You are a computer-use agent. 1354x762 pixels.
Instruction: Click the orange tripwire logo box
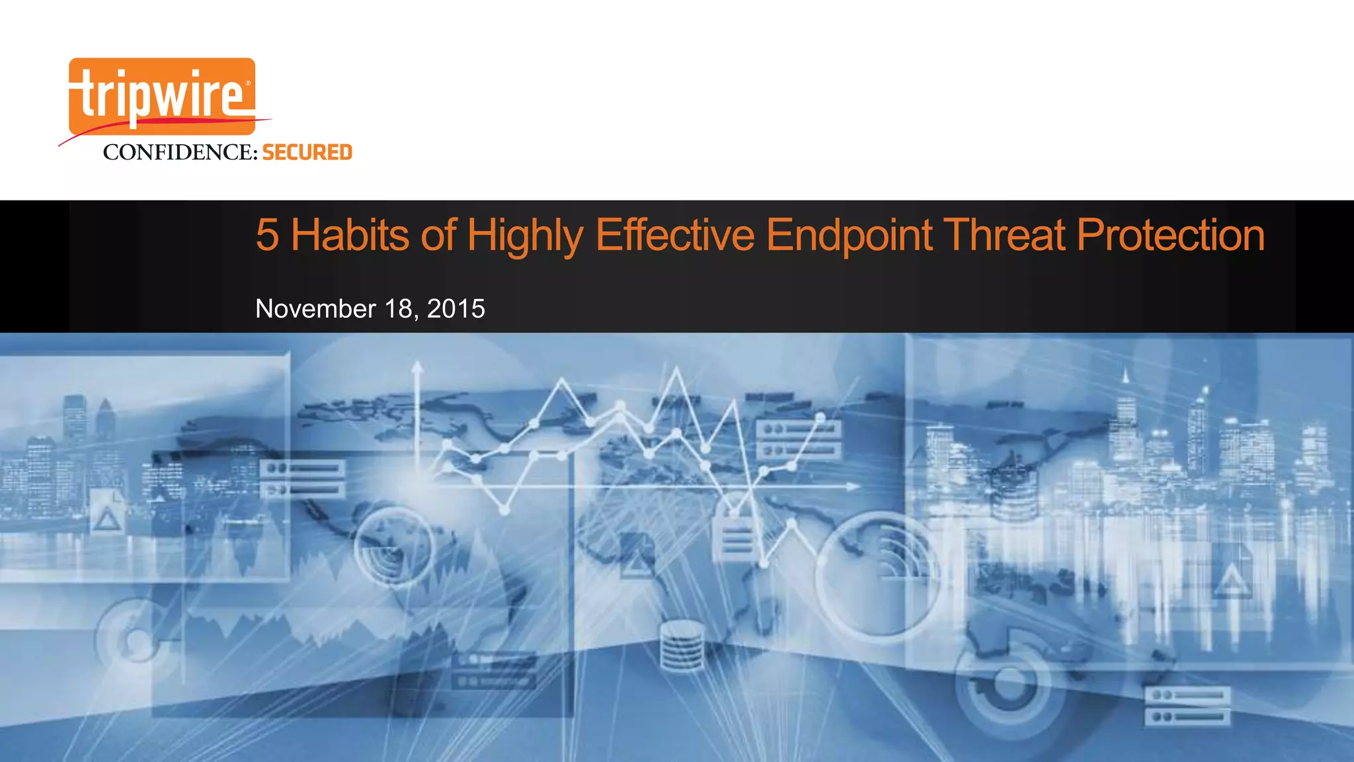tap(162, 97)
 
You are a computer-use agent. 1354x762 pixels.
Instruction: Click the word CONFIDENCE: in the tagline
tap(180, 153)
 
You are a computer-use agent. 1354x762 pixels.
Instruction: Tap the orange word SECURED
tap(307, 153)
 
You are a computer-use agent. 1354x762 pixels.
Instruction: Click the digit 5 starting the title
tap(267, 235)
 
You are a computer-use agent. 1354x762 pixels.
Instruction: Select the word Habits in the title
tap(350, 235)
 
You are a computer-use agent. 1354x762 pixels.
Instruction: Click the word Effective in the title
tap(674, 235)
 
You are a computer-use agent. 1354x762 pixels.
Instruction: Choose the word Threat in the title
tap(1004, 235)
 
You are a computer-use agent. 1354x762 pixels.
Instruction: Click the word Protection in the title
tap(1170, 235)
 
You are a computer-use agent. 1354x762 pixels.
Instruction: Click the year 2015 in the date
tap(456, 309)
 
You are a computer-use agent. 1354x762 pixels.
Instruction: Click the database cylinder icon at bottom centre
tap(682, 646)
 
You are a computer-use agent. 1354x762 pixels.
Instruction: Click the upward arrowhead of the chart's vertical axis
tap(417, 365)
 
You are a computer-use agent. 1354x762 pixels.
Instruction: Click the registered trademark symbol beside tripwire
tap(248, 84)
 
